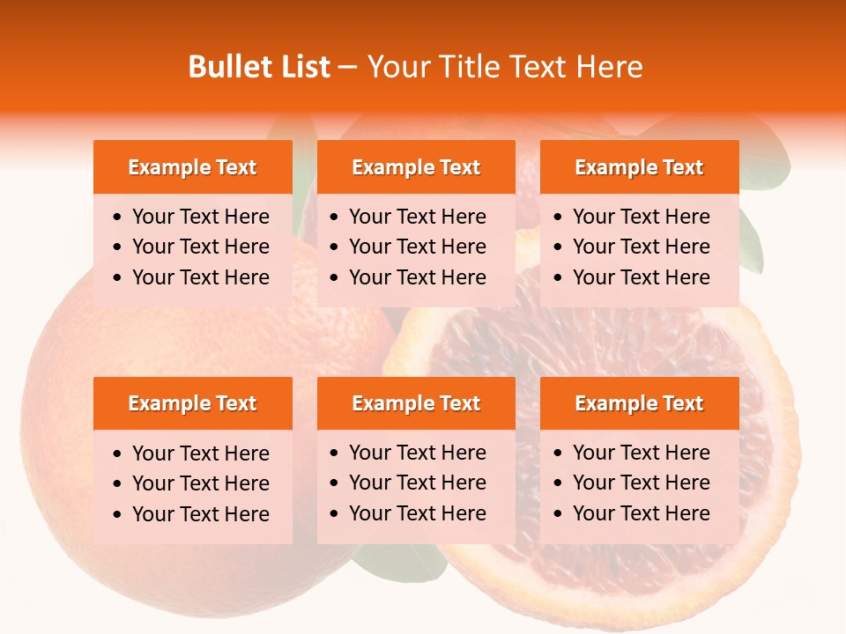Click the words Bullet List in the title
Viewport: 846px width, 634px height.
259,67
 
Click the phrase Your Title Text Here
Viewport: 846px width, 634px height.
504,67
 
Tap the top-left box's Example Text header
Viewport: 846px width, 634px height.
192,167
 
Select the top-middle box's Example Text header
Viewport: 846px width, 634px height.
416,167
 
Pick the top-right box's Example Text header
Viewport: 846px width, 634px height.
639,167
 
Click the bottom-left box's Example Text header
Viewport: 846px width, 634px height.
192,403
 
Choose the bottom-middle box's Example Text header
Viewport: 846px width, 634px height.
416,403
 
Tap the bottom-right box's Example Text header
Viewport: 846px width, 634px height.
639,403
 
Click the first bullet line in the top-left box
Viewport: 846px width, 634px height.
200,217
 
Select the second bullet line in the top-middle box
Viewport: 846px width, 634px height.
417,247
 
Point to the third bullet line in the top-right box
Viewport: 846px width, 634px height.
641,277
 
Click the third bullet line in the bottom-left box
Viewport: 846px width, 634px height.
200,514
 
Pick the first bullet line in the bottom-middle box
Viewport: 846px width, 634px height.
417,453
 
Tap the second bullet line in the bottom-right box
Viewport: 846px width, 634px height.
641,483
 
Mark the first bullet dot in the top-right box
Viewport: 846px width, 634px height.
558,217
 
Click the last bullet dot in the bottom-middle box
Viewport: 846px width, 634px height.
334,514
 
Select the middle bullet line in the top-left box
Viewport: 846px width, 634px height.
200,247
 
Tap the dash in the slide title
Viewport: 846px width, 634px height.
348,67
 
